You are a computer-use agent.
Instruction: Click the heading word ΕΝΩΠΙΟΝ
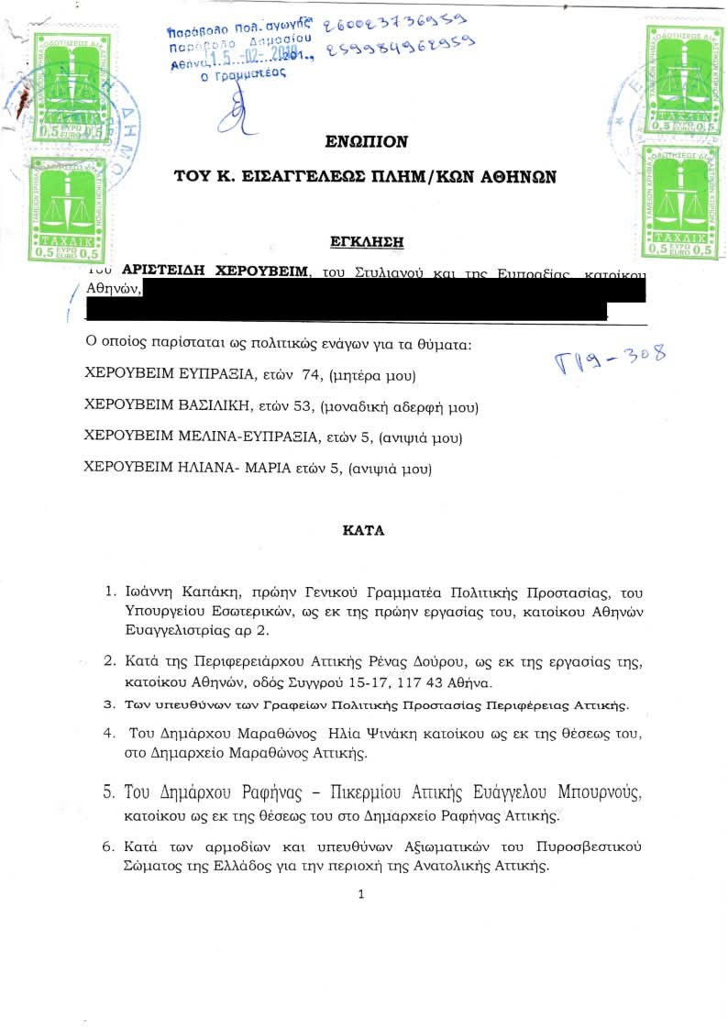pos(366,142)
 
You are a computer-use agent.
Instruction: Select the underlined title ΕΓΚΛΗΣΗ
pos(366,242)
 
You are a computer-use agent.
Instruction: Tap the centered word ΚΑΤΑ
pos(363,530)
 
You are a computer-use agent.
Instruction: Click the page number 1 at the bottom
pos(362,894)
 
